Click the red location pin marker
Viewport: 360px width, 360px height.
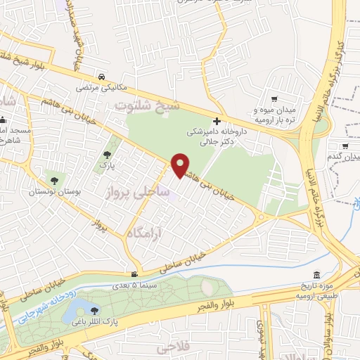(x=181, y=165)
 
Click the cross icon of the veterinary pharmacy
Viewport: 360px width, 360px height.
(x=217, y=121)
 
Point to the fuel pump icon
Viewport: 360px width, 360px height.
(x=134, y=274)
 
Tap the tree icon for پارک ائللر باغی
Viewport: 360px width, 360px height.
(x=95, y=310)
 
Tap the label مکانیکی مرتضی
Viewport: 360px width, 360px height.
(x=103, y=88)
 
